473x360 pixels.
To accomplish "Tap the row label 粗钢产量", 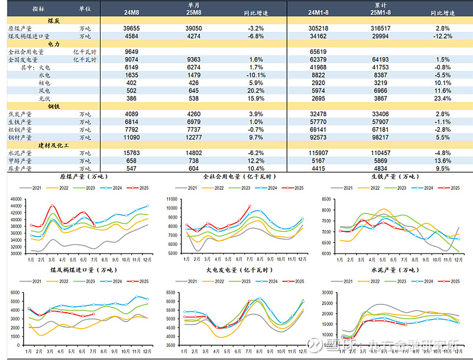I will tap(21, 129).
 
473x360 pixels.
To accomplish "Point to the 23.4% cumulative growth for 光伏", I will tap(442, 98).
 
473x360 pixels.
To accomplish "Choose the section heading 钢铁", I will tap(53, 106).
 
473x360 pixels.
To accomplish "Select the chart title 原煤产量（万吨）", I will tap(83, 176).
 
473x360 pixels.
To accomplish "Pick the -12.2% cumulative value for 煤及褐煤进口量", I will tap(442, 36).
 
